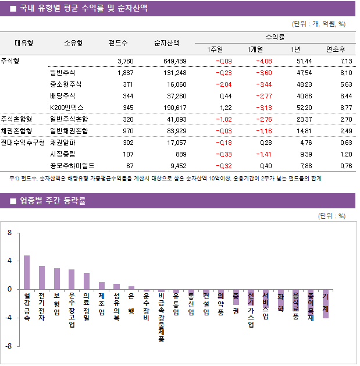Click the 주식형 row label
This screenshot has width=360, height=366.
pyautogui.click(x=10, y=61)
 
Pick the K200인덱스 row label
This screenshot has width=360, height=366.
pyautogui.click(x=67, y=107)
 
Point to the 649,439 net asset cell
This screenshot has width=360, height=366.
pyautogui.click(x=173, y=61)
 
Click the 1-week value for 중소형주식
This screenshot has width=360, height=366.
pyautogui.click(x=223, y=84)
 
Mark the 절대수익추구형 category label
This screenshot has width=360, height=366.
pyautogui.click(x=23, y=142)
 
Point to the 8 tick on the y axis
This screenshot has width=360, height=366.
pyautogui.click(x=9, y=233)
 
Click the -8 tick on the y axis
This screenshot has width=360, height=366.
pyautogui.click(x=8, y=346)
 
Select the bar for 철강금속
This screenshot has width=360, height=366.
pyautogui.click(x=27, y=272)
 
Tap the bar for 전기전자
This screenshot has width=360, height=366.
pyautogui.click(x=42, y=278)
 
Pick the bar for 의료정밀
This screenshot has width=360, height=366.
pyautogui.click(x=87, y=281)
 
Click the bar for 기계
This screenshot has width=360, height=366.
pyautogui.click(x=326, y=304)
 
